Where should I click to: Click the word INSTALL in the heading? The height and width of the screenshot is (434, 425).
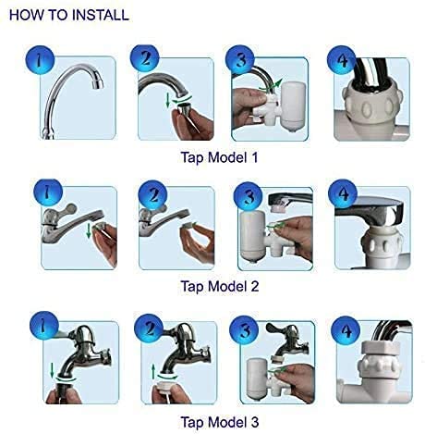100,15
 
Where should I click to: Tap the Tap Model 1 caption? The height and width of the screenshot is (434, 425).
219,157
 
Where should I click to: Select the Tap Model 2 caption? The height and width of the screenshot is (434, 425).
220,286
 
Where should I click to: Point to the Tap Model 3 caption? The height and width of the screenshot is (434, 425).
220,422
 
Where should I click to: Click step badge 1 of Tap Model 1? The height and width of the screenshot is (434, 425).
40,60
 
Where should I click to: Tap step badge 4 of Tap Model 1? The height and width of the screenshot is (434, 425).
341,60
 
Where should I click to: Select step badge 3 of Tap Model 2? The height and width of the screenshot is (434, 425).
248,197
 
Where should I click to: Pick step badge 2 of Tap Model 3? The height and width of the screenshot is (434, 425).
149,329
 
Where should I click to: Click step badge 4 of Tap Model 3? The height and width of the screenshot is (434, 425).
346,330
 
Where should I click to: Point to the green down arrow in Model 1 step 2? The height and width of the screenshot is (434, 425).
167,100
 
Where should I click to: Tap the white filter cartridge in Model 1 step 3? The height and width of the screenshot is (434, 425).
294,105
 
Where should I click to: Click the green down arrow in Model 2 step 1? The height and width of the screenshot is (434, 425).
89,231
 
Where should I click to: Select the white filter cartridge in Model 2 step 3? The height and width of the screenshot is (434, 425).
252,235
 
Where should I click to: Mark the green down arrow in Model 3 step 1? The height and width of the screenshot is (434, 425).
52,370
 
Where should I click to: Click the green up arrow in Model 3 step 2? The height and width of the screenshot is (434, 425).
153,372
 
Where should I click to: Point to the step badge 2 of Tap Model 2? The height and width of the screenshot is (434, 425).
152,195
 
